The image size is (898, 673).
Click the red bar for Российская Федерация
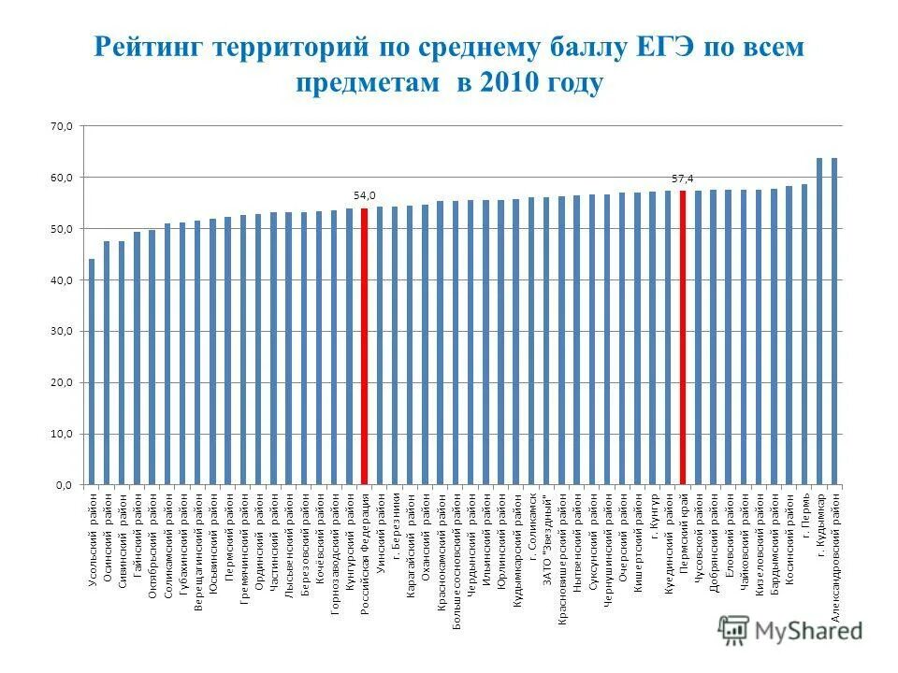click(364, 347)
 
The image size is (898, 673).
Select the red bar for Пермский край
click(683, 337)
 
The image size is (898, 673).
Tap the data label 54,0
click(364, 195)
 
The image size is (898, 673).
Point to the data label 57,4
click(683, 178)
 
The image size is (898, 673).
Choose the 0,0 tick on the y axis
click(62, 485)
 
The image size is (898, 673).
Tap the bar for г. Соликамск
click(531, 341)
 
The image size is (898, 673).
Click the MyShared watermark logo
click(790, 629)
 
